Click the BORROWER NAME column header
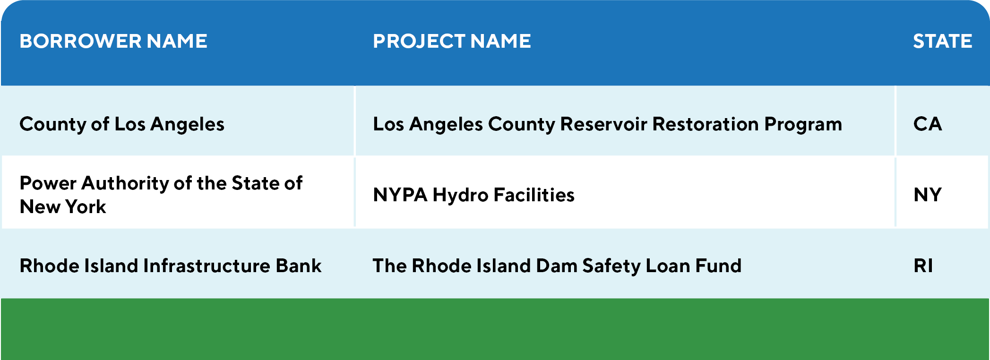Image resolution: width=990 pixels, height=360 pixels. pyautogui.click(x=113, y=41)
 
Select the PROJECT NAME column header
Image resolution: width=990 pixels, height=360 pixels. pyautogui.click(x=452, y=41)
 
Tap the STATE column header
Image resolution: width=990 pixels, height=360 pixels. pyautogui.click(x=942, y=41)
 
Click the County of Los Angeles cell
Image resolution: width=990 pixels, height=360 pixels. pyautogui.click(x=122, y=124)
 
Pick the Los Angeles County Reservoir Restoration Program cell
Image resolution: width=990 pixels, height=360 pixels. pyautogui.click(x=607, y=124)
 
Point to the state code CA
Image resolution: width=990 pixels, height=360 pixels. pyautogui.click(x=928, y=124)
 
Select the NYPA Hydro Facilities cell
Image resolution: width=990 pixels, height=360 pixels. pyautogui.click(x=473, y=195)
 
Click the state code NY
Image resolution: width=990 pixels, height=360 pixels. pyautogui.click(x=928, y=195)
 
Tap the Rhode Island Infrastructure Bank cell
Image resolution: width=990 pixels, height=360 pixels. pyautogui.click(x=170, y=266)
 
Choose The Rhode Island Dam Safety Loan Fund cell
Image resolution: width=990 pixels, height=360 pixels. pyautogui.click(x=557, y=266)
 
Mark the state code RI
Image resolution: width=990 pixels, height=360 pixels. pyautogui.click(x=923, y=266)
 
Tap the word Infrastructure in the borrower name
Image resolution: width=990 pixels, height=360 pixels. pyautogui.click(x=207, y=266)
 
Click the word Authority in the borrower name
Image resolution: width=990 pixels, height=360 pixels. pyautogui.click(x=125, y=183)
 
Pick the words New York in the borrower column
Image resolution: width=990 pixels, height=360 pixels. pyautogui.click(x=63, y=206)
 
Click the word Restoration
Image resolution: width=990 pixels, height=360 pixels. pyautogui.click(x=706, y=124)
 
